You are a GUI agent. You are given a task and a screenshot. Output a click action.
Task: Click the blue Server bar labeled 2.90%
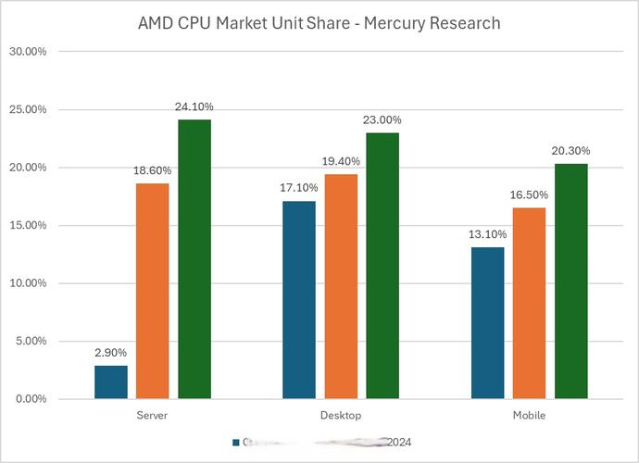pos(110,382)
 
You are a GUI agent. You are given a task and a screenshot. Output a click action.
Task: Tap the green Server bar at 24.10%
pos(194,259)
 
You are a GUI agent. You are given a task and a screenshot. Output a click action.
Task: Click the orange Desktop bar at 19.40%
pos(340,286)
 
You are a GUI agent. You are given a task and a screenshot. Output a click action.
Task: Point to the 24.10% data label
pos(194,106)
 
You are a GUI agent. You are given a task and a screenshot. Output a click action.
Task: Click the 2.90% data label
pos(110,353)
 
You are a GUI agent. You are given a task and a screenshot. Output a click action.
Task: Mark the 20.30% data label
pos(570,151)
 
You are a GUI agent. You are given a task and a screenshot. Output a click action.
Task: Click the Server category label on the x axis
pos(152,415)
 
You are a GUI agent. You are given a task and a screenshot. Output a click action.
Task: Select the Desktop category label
pos(340,415)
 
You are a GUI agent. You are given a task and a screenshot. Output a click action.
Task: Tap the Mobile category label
pos(529,415)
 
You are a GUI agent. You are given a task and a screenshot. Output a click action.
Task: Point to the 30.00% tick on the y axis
pos(28,52)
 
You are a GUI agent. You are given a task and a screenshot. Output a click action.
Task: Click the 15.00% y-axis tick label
pos(28,225)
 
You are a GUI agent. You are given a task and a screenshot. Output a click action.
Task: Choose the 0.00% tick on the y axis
pos(28,399)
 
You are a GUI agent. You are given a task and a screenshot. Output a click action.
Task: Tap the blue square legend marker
pos(235,443)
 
